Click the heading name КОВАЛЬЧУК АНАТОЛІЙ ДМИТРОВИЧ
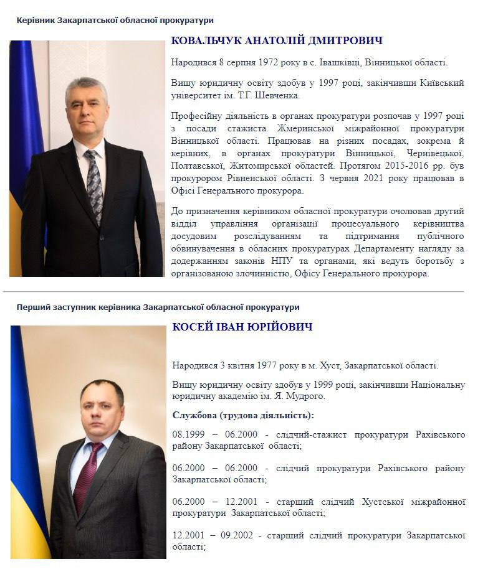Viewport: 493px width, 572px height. pyautogui.click(x=277, y=41)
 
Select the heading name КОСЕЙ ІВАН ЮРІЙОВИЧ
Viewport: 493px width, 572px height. pyautogui.click(x=242, y=327)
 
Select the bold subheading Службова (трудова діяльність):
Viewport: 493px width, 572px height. pyautogui.click(x=244, y=415)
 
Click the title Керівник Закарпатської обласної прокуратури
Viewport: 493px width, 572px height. pyautogui.click(x=115, y=21)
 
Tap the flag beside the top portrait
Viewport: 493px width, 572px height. pyautogui.click(x=19, y=124)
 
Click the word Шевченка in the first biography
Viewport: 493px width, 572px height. pyautogui.click(x=274, y=95)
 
